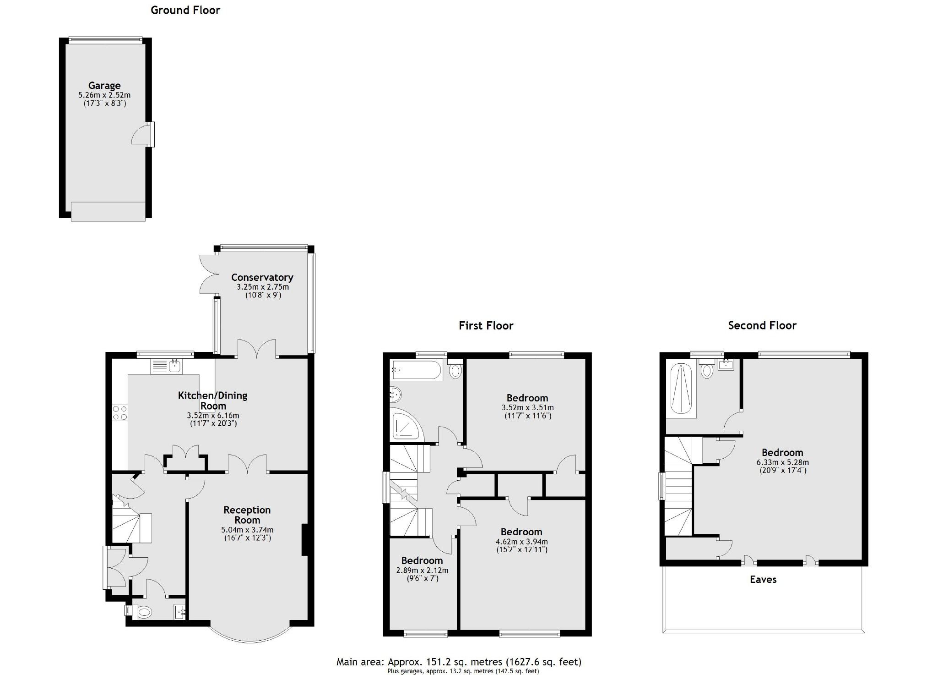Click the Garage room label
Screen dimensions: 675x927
[x=104, y=85]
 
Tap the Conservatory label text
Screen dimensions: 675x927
[x=262, y=277]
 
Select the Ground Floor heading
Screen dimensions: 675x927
[x=185, y=10]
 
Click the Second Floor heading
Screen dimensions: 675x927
[x=762, y=325]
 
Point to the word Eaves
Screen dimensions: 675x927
[x=763, y=579]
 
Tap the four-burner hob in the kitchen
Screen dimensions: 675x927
[x=120, y=412]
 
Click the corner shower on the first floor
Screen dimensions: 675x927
[x=405, y=424]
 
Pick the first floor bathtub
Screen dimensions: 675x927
[x=416, y=370]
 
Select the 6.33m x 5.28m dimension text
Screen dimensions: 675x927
[x=782, y=462]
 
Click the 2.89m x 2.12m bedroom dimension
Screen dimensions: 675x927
[x=422, y=571]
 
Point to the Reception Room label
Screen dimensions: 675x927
[x=247, y=515]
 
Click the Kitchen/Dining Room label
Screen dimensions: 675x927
[x=213, y=400]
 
